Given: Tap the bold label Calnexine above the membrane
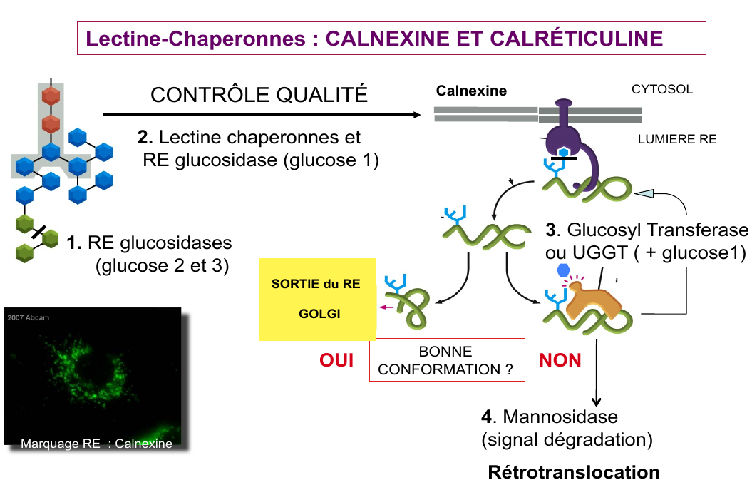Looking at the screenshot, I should click(471, 91).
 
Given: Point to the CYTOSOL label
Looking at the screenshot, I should click(662, 90).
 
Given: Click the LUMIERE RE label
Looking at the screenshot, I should click(677, 139).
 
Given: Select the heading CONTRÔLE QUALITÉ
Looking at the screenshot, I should click(259, 95).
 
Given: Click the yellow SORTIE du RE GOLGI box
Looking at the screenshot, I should click(316, 298).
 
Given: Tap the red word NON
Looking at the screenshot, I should click(560, 361).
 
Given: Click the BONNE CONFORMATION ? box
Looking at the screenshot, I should click(445, 360).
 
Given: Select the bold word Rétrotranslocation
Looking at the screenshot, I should click(574, 472).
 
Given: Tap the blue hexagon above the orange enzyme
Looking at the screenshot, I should click(563, 270).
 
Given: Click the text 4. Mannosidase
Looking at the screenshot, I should click(550, 416).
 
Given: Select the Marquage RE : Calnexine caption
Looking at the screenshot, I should click(97, 444).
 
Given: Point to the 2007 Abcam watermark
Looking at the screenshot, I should click(29, 317).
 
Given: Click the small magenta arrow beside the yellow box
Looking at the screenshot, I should click(387, 307).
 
